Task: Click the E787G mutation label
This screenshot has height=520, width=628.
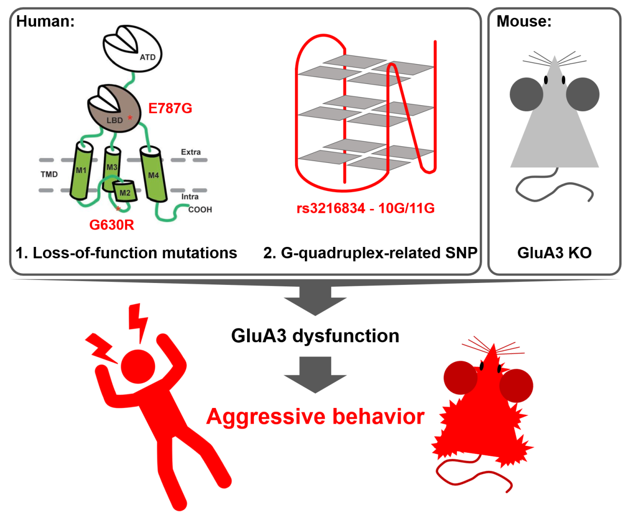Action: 170,108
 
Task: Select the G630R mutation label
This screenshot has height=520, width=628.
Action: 112,225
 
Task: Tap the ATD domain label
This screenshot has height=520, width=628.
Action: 147,57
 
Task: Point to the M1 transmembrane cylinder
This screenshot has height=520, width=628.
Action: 81,171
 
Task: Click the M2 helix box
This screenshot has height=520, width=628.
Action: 125,192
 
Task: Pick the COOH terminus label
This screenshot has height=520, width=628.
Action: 200,209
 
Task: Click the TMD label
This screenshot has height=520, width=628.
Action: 49,174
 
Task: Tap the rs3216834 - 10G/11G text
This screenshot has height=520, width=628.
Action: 366,208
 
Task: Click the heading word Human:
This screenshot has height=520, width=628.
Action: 45,21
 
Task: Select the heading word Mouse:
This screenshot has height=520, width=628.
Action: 524,21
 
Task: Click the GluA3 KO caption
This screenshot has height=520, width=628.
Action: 554,253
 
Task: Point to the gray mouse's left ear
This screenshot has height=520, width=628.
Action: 527,94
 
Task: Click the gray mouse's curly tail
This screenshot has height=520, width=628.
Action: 553,188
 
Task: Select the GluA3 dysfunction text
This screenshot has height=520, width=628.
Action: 315,336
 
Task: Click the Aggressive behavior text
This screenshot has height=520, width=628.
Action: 315,416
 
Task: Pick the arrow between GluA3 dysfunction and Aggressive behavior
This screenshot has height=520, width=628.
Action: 315,375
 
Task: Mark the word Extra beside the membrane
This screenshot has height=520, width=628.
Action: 191,152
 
